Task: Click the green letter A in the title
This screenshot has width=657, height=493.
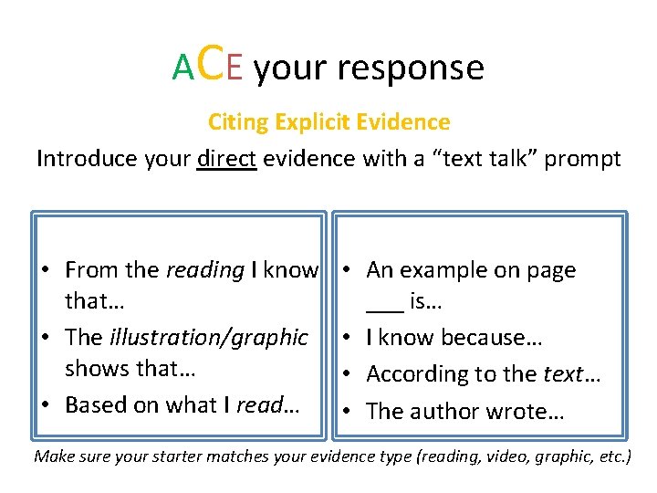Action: tap(183, 68)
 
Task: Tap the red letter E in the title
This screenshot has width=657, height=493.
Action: tap(234, 68)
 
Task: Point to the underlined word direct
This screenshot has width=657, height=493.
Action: tap(227, 159)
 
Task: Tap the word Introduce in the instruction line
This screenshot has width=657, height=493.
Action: tap(86, 159)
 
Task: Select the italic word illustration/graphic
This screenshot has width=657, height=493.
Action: tap(208, 337)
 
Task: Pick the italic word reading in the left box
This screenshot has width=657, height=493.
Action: tap(205, 270)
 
